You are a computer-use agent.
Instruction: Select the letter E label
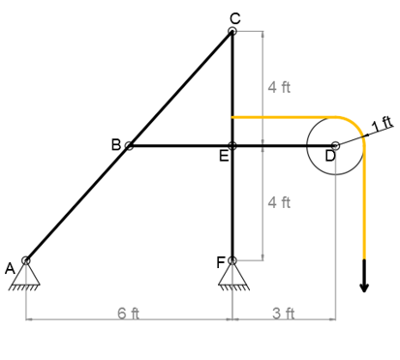tap(224, 159)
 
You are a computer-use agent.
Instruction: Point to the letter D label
tap(330, 157)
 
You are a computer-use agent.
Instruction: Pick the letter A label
tap(11, 268)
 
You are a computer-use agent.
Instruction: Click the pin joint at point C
tap(232, 32)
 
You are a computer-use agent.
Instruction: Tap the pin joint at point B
tap(129, 146)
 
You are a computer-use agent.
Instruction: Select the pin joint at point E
tap(232, 146)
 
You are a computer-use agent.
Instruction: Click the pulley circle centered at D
tap(335, 146)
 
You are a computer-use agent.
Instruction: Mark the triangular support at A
tap(26, 276)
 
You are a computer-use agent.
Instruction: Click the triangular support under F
tap(232, 276)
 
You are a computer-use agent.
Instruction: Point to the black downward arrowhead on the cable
tap(365, 284)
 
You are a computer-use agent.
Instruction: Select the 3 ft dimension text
tap(284, 312)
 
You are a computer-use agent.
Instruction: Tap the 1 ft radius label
tap(383, 123)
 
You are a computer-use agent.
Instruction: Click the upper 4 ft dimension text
tap(278, 87)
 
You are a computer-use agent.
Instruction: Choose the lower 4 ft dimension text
tap(278, 202)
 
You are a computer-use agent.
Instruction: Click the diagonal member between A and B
tap(77, 203)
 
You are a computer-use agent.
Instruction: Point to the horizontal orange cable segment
tap(281, 117)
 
